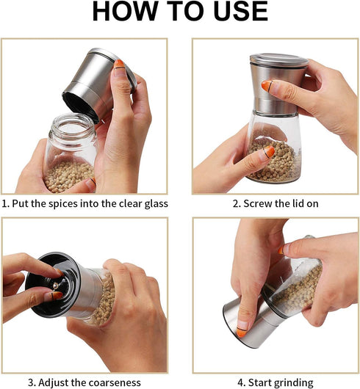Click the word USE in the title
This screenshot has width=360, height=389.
click(237, 12)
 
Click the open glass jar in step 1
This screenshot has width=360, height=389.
click(70, 154)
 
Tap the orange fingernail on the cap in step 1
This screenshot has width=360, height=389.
click(119, 65)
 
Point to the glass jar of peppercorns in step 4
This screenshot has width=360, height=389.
click(294, 283)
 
